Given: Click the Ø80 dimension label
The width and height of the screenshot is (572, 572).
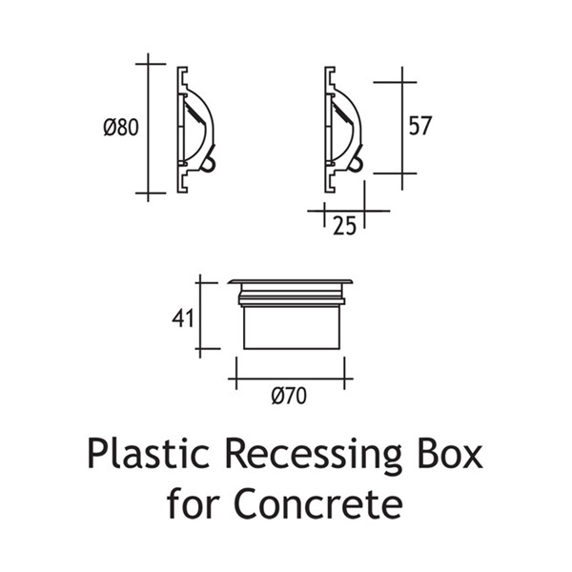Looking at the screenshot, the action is (121, 128).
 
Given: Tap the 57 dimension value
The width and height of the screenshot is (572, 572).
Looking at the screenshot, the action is (420, 126).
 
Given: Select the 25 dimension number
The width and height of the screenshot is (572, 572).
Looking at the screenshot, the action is (344, 226).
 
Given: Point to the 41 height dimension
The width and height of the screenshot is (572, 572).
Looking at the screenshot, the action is (182, 318).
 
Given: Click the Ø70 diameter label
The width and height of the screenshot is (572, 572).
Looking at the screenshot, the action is (289, 396).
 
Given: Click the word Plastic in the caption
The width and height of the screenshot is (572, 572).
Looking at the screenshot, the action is (148, 454).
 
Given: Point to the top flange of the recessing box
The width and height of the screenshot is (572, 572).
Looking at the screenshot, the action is (291, 281).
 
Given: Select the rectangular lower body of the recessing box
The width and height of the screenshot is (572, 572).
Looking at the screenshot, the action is (292, 327).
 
